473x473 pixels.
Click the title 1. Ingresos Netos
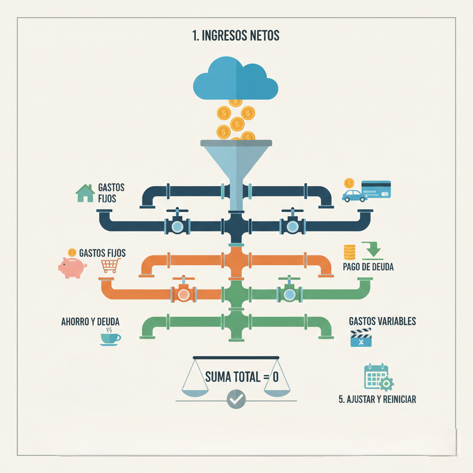pos(236,36)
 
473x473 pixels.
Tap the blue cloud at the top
pos(235,79)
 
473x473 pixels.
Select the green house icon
pos(85,193)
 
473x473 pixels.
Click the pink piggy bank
pos(72,267)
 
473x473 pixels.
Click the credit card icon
pos(376,189)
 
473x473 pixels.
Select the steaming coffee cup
pos(110,338)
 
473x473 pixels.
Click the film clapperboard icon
pos(361,338)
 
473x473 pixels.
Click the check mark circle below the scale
pos(236,399)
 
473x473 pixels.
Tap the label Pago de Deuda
pos(368,267)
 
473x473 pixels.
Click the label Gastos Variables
pos(382,321)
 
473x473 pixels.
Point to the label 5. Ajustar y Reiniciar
pos(377,399)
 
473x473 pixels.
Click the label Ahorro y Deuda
pos(93,321)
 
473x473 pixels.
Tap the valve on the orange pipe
pos(183,294)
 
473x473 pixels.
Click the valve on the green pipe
pos(290,294)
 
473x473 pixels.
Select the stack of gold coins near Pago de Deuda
pos(350,252)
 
